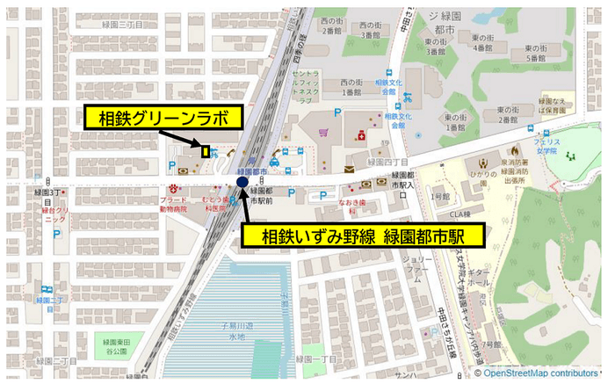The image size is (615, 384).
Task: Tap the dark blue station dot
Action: pyautogui.click(x=242, y=181)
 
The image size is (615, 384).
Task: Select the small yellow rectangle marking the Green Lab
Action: pyautogui.click(x=206, y=151)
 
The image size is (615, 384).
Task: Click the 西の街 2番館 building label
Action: pyautogui.click(x=330, y=25)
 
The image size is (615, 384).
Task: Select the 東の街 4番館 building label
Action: pyautogui.click(x=482, y=43)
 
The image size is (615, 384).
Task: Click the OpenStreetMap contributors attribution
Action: pyautogui.click(x=539, y=373)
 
